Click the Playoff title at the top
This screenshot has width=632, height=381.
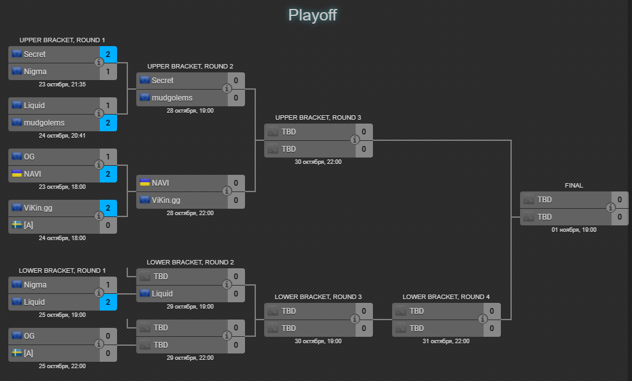pyautogui.click(x=312, y=15)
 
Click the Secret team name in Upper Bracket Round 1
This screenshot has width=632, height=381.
pyautogui.click(x=35, y=54)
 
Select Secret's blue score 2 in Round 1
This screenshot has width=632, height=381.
pyautogui.click(x=108, y=54)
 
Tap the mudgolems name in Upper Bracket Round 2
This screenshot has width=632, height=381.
pyautogui.click(x=172, y=98)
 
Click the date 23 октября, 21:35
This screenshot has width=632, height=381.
pyautogui.click(x=62, y=85)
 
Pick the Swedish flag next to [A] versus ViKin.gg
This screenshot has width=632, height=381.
pyautogui.click(x=17, y=225)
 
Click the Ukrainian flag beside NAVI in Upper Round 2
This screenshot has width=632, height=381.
pyautogui.click(x=145, y=182)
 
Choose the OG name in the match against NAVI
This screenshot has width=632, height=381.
pyautogui.click(x=29, y=156)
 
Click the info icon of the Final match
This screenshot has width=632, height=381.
pyautogui.click(x=611, y=207)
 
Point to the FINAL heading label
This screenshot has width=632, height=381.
pyautogui.click(x=574, y=186)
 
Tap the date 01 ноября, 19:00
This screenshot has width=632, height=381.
pyautogui.click(x=574, y=229)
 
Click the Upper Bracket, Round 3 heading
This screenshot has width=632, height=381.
pyautogui.click(x=318, y=118)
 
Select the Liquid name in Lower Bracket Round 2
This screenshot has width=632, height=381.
pyautogui.click(x=162, y=294)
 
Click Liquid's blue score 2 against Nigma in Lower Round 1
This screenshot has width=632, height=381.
pyautogui.click(x=108, y=302)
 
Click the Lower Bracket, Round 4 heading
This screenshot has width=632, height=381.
pyautogui.click(x=446, y=297)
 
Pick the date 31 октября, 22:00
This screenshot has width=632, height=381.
pyautogui.click(x=446, y=341)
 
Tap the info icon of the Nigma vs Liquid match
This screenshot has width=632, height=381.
pyautogui.click(x=99, y=293)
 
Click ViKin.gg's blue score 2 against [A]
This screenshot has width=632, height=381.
pyautogui.click(x=108, y=208)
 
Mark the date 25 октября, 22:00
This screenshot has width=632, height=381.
pyautogui.click(x=62, y=366)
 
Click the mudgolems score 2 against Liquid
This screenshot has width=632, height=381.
pyautogui.click(x=108, y=122)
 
